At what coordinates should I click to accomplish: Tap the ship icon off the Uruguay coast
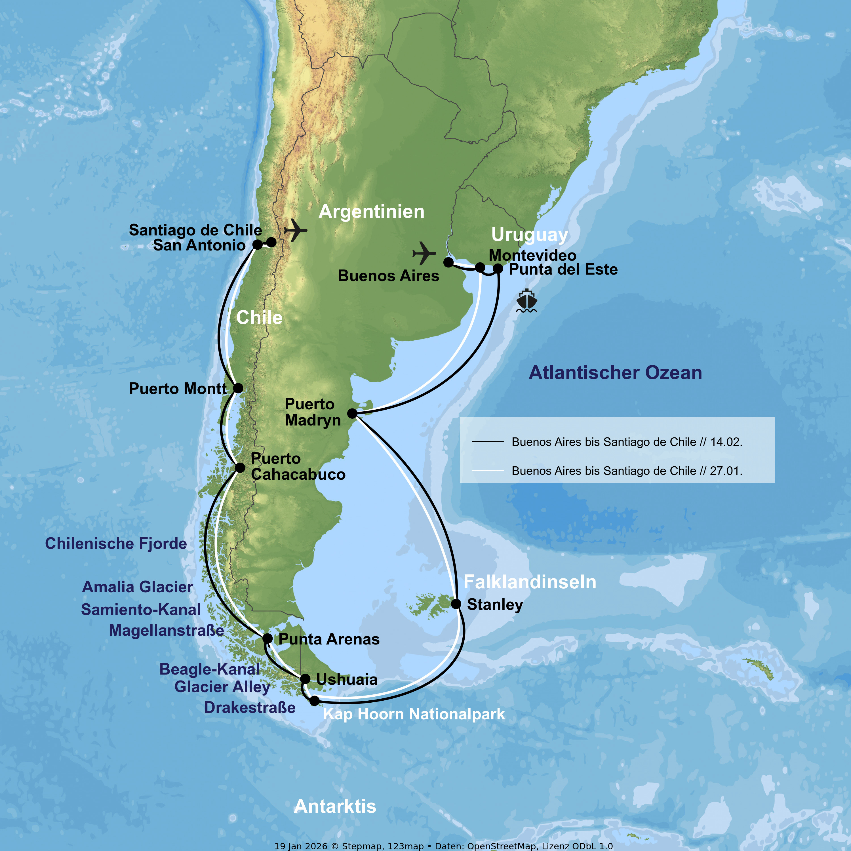[526, 301]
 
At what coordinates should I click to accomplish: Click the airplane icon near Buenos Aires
[424, 253]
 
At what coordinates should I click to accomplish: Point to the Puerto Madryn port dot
[352, 413]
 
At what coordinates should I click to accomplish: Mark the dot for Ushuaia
[305, 679]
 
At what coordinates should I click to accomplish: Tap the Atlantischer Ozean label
[615, 373]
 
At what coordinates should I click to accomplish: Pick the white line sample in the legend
[488, 470]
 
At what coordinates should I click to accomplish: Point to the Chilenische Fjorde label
[116, 544]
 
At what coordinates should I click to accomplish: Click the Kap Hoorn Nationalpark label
[414, 714]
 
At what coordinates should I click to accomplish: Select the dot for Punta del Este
[498, 268]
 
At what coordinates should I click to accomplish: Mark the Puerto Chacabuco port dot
[240, 467]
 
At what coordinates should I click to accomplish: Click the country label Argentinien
[371, 212]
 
